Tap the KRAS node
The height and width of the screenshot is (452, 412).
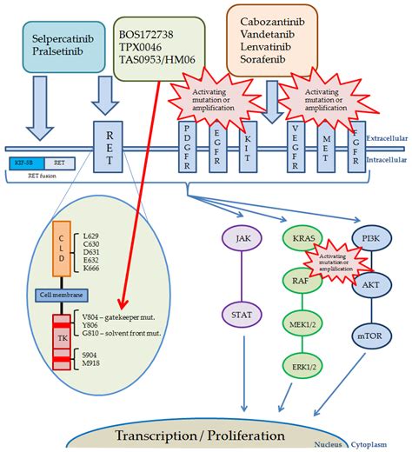click(x=301, y=237)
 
